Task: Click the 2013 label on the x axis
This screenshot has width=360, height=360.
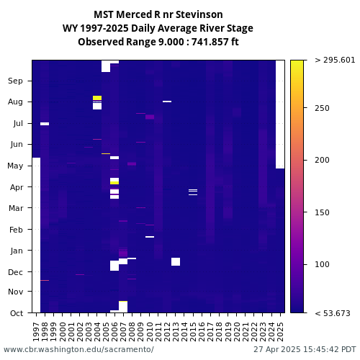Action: [x=176, y=332]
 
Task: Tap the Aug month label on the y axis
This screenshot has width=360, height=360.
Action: [x=15, y=102]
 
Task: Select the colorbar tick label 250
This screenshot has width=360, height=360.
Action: [x=322, y=108]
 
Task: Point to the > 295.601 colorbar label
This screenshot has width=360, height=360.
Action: [x=335, y=60]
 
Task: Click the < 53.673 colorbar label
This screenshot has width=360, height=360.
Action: [x=333, y=313]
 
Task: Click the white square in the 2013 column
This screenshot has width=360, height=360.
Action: [x=176, y=261]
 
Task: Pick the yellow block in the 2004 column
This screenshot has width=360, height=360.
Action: [x=97, y=98]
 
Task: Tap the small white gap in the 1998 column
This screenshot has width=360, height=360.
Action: [x=45, y=124]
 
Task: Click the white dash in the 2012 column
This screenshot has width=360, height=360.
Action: [x=167, y=102]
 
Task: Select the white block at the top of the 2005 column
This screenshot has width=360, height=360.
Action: [x=106, y=66]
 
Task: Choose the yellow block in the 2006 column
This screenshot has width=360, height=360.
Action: [x=114, y=183]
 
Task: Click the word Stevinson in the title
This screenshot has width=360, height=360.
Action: [x=199, y=14]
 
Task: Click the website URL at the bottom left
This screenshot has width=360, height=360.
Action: [x=78, y=349]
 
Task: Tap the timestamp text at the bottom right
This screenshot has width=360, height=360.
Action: [x=305, y=349]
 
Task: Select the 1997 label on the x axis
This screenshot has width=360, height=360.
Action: [x=36, y=332]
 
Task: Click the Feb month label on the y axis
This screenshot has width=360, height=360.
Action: [x=16, y=230]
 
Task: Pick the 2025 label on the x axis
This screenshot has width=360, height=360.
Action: [x=280, y=332]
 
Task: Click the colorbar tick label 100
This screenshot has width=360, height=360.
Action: [x=322, y=264]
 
